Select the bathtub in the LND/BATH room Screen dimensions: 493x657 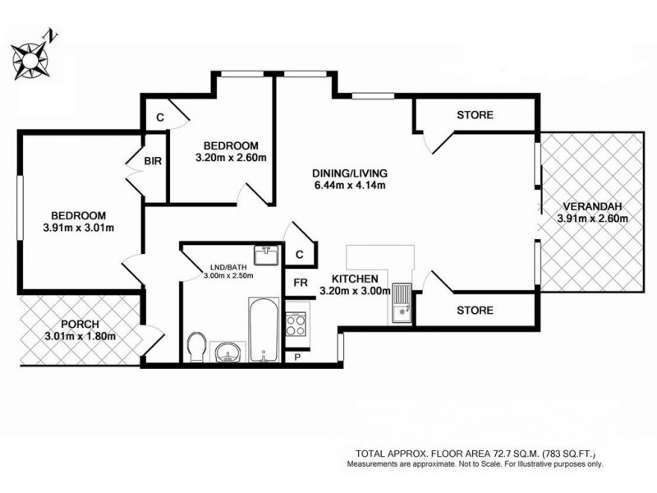point(260,331)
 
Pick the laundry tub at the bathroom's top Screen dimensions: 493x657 point(266,256)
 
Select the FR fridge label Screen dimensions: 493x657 point(301,283)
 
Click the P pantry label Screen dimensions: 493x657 point(296,357)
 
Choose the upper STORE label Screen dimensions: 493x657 point(476,115)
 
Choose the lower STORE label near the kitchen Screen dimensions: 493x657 point(476,311)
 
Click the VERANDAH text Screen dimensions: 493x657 point(591,206)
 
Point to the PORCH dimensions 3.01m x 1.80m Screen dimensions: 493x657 point(80,336)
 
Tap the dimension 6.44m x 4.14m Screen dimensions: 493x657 point(349,186)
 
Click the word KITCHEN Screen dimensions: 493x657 point(355,279)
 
